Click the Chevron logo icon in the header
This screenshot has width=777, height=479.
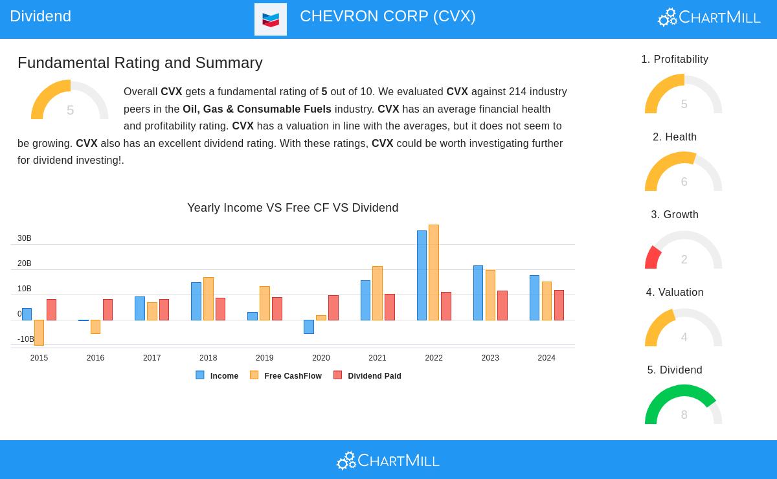point(271,19)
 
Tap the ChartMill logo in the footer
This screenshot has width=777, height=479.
point(388,460)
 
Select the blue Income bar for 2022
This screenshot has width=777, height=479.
point(422,275)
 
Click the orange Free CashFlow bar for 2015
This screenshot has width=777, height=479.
point(39,332)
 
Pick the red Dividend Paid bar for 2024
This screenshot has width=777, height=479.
point(559,305)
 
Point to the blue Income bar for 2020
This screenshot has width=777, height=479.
point(309,326)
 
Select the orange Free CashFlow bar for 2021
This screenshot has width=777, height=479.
point(377,293)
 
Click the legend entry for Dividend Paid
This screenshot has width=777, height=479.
point(368,375)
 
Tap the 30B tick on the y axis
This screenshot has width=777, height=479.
point(25,238)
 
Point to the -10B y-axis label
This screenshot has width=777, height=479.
point(25,339)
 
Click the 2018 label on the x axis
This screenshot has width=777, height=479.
point(208,358)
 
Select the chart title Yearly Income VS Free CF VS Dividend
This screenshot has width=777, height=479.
point(293,208)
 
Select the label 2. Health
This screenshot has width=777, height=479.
point(675,137)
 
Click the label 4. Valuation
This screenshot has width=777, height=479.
point(675,293)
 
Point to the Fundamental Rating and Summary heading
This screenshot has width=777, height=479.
point(140,63)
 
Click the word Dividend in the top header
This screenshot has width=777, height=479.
point(40,16)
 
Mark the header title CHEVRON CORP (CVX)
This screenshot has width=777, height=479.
point(387,16)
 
